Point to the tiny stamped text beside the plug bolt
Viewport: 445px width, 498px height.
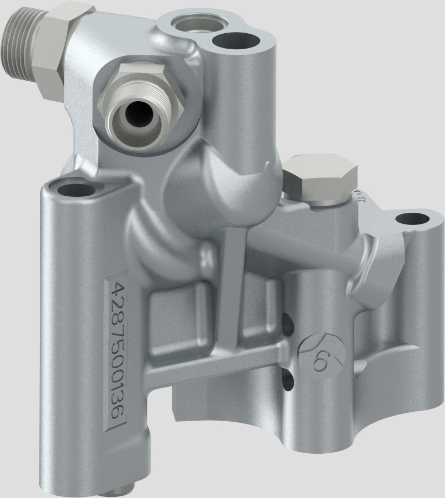coord(357,193)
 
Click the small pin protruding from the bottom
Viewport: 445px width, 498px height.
coord(121,487)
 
